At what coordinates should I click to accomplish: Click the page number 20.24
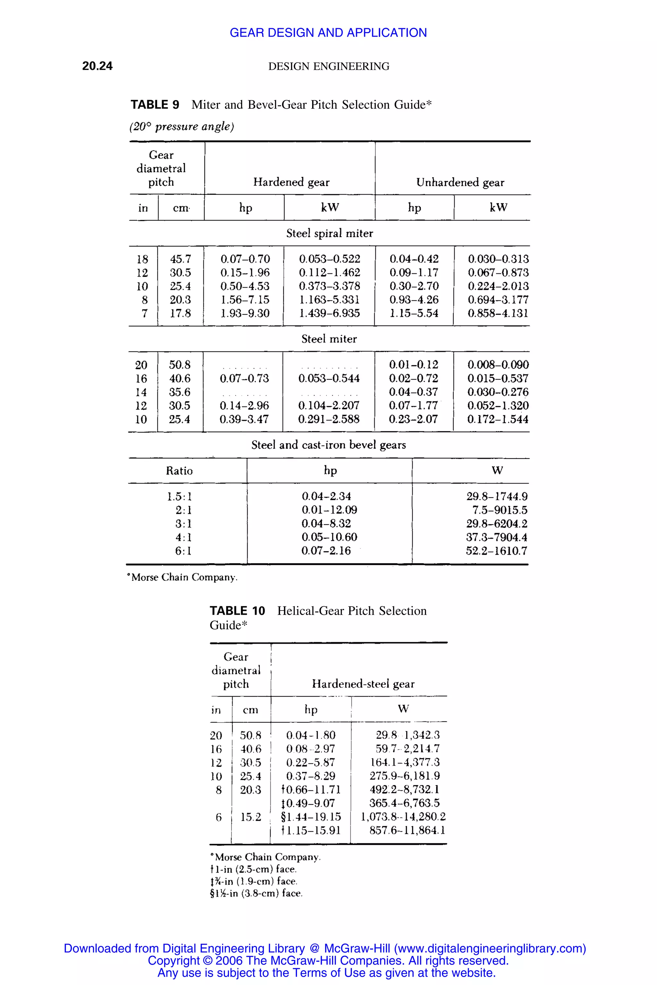point(97,66)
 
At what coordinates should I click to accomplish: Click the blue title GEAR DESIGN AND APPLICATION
point(328,32)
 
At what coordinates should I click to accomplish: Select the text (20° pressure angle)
point(182,126)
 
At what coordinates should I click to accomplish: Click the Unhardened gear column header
point(460,182)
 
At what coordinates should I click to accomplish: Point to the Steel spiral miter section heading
point(329,233)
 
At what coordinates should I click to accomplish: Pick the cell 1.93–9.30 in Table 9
point(245,313)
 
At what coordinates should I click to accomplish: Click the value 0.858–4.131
point(498,313)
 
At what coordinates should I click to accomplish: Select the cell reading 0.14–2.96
point(244,405)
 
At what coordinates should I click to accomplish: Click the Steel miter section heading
point(329,339)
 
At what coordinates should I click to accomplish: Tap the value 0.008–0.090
point(498,365)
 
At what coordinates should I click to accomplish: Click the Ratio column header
point(179,471)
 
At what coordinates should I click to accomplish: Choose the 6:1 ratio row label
point(183,551)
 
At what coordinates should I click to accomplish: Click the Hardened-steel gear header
point(363,684)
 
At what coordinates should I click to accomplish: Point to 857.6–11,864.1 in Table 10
point(407,830)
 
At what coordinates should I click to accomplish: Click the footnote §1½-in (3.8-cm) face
point(256,893)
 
